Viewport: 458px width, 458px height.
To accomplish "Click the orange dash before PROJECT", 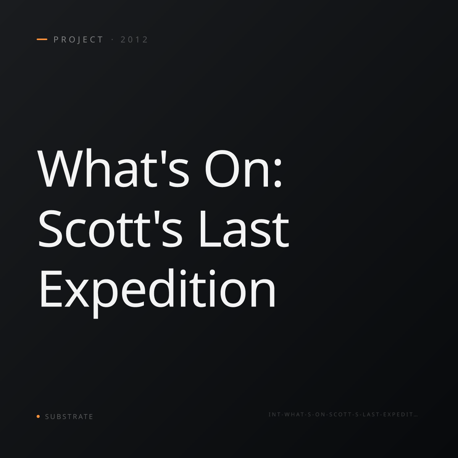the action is pos(42,39).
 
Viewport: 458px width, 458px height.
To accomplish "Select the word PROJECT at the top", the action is pos(78,40).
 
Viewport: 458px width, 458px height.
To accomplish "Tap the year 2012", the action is pos(134,40).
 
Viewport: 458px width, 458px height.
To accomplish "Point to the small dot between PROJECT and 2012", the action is pos(113,40).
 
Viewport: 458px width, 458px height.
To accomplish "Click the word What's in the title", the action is pos(113,168).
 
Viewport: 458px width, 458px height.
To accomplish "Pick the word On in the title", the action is pos(237,169).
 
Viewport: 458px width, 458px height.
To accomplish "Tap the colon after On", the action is pos(277,173).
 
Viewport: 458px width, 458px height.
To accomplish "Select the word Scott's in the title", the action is pos(110,228).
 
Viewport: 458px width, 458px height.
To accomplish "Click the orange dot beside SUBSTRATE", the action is pos(38,416).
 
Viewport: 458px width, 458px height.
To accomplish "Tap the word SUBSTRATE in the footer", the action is pos(69,417).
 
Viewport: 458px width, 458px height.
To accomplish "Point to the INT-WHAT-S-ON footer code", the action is pos(343,414).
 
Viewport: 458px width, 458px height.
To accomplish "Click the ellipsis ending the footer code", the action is pos(416,416).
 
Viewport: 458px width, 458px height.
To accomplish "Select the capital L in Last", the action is pos(211,229).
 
